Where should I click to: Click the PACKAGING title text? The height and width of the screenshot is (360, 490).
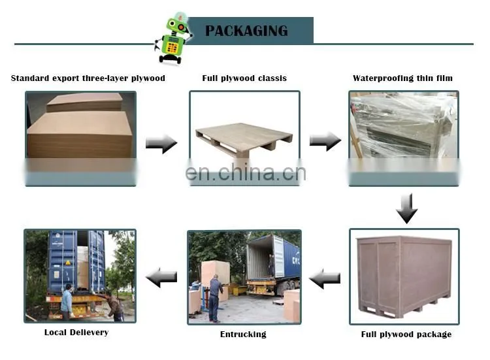[x=246, y=31]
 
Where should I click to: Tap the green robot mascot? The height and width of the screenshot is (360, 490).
[x=173, y=38]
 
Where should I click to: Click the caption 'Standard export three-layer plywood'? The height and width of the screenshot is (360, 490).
[x=88, y=78]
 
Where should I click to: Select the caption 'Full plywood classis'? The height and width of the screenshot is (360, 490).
[x=244, y=78]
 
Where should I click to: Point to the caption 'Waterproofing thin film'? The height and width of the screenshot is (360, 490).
[x=402, y=78]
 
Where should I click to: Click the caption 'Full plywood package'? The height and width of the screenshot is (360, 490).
[x=406, y=335]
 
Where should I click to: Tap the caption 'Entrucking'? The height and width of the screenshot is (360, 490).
[x=243, y=335]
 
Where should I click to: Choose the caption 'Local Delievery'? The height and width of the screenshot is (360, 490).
[x=76, y=332]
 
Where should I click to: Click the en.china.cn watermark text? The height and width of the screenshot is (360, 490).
[x=246, y=172]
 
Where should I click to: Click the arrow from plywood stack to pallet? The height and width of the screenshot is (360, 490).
[x=161, y=144]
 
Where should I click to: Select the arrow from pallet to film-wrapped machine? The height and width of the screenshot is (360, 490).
[x=325, y=141]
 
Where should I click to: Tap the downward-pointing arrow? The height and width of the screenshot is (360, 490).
[x=406, y=208]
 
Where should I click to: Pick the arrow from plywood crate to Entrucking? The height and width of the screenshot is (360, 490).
[x=325, y=278]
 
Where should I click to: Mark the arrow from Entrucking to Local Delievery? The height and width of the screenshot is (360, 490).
[x=161, y=277]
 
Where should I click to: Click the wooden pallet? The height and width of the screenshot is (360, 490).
[x=244, y=137]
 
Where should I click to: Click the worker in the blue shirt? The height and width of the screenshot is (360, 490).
[x=67, y=301]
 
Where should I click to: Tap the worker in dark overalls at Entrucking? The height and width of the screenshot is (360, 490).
[x=216, y=298]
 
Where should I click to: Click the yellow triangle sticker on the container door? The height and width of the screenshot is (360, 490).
[x=68, y=263]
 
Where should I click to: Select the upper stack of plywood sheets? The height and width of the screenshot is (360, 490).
[x=85, y=102]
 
